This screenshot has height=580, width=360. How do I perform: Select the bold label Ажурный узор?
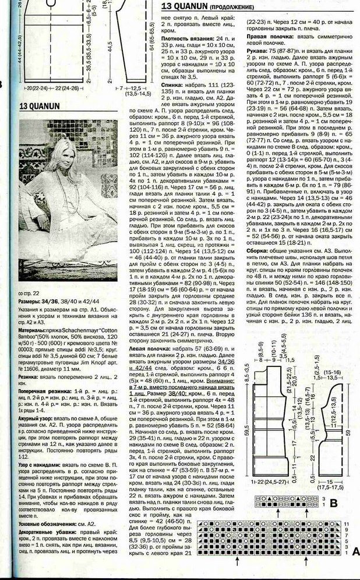(x=36, y=418)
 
